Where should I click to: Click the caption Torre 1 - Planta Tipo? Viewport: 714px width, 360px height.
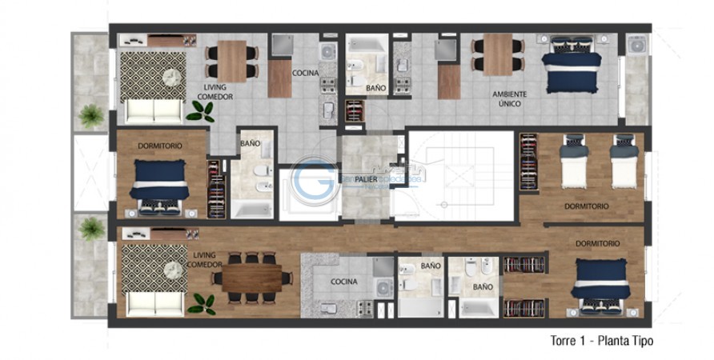[602, 341]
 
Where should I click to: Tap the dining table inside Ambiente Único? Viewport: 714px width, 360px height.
[497, 55]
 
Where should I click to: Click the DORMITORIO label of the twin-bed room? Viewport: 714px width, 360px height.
[586, 206]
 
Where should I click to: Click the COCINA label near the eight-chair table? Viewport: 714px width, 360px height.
[343, 282]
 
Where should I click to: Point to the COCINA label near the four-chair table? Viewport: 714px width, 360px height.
[305, 73]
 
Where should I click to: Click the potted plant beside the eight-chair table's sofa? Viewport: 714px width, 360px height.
[201, 303]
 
